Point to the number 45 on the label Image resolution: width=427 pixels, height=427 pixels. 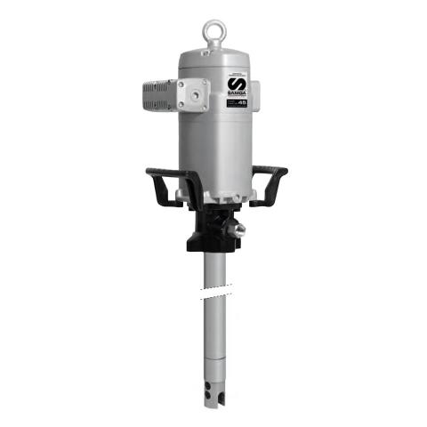(x=242, y=102)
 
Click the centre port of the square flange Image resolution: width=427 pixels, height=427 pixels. (x=192, y=93)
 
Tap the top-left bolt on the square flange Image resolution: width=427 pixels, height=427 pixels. (x=181, y=83)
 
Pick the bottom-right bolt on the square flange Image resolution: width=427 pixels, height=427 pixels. (x=204, y=105)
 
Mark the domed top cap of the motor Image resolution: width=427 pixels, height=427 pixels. (x=213, y=58)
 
